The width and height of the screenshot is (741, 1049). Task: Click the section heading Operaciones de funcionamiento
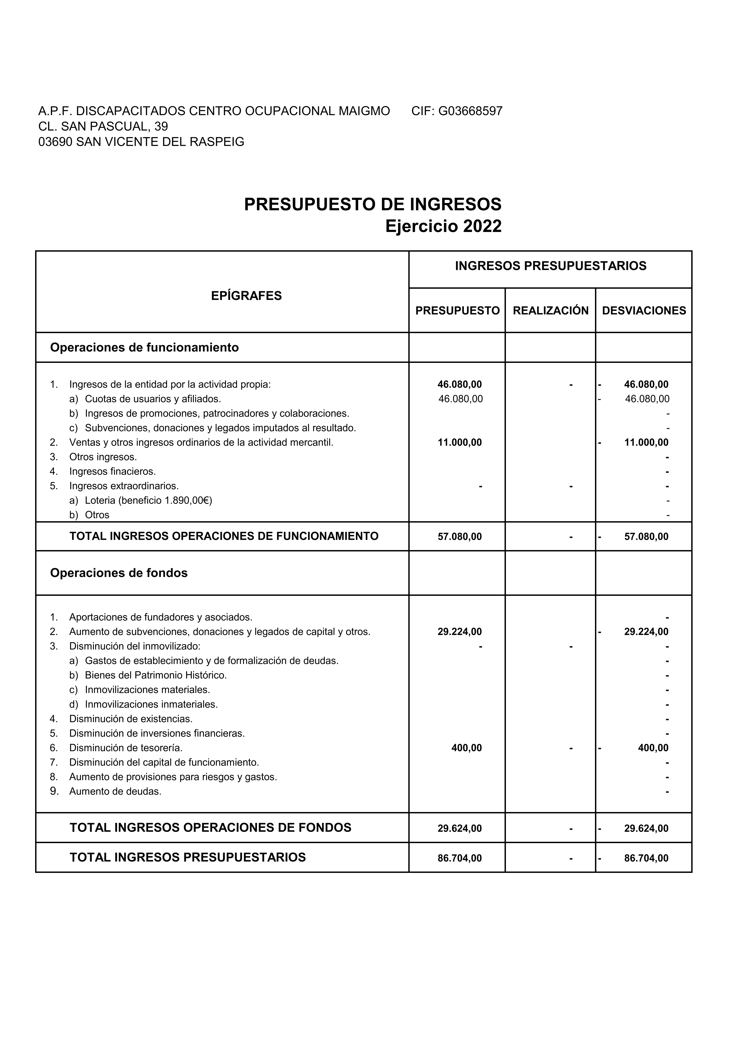(144, 348)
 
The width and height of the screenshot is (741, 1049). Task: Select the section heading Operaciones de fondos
(119, 573)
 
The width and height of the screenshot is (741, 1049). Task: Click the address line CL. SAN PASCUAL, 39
(103, 126)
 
